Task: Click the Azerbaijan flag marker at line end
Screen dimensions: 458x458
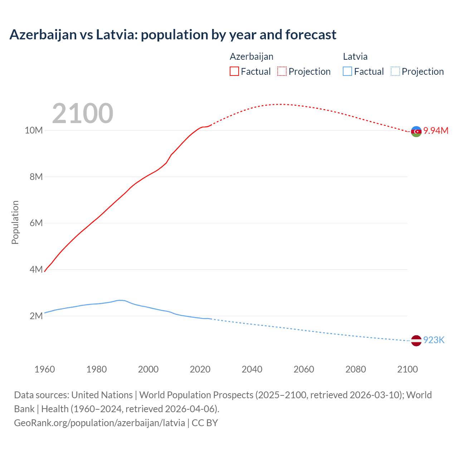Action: coord(416,132)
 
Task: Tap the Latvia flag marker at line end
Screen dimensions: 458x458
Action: coord(416,341)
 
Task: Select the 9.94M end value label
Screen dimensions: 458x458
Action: coord(436,131)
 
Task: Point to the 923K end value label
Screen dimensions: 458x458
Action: coord(434,340)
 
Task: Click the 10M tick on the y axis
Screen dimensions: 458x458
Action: coord(34,131)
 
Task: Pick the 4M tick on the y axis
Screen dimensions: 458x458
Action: coord(36,269)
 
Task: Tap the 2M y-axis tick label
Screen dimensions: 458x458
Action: coord(36,316)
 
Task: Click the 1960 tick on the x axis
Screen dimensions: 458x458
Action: coord(45,369)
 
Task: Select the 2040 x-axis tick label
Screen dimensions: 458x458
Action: coord(252,369)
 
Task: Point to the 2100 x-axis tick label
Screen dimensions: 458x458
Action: coord(407,369)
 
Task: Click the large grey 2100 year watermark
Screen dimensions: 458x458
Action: coord(83,113)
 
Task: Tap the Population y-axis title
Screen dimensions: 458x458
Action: coord(15,222)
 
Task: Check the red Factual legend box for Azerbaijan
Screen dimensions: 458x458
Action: coord(234,71)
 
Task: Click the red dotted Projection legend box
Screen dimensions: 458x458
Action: coord(282,71)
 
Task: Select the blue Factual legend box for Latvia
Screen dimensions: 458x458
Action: coord(347,71)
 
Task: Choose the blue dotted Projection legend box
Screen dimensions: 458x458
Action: coord(395,71)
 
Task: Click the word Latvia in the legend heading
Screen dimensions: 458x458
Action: coord(355,57)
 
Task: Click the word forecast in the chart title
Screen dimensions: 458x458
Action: coord(311,35)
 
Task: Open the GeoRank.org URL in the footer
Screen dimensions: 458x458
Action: coord(99,423)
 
